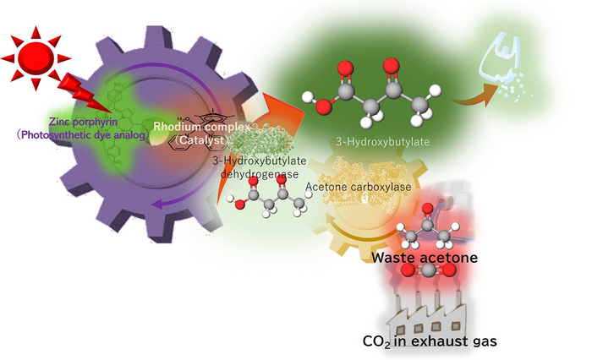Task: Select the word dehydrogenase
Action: [x=260, y=172]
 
